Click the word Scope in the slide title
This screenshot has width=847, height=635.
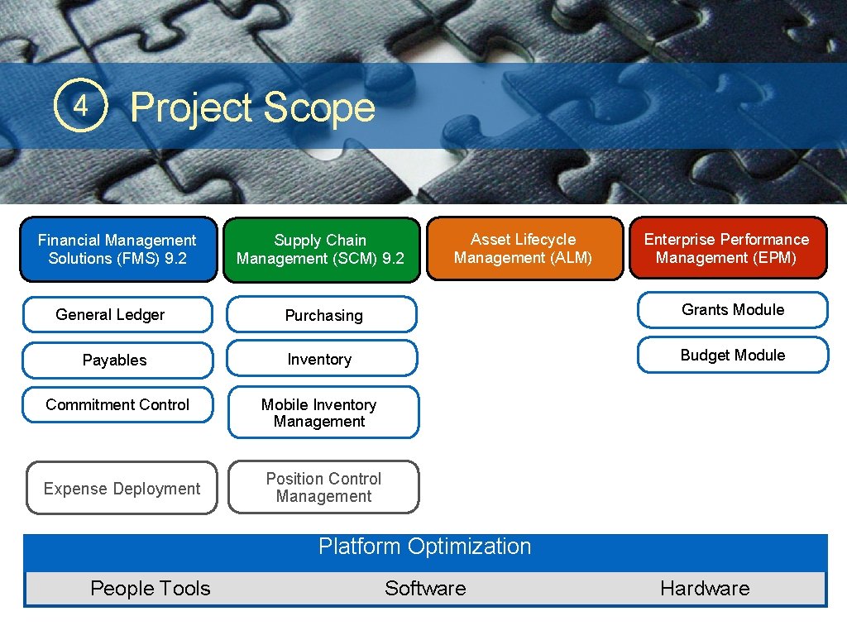pos(319,108)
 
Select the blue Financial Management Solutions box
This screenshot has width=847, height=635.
pos(117,250)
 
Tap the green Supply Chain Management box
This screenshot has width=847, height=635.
pos(321,250)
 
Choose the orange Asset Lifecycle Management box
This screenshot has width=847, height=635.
pos(524,249)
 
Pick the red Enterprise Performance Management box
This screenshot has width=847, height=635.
pos(727,248)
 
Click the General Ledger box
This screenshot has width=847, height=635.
pos(117,315)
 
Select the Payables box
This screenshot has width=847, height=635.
pos(117,360)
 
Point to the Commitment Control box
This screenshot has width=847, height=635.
pos(117,405)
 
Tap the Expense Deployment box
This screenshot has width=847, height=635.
pos(122,489)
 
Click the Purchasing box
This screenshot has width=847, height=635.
pos(323,315)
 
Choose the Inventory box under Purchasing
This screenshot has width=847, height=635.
pos(323,360)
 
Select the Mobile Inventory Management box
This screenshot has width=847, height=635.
pos(323,413)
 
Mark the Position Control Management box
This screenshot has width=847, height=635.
pos(323,488)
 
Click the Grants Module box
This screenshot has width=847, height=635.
pos(732,310)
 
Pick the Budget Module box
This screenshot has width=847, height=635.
pos(732,356)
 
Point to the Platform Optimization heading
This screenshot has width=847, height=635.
pos(425,547)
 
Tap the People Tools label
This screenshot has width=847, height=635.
pos(151,589)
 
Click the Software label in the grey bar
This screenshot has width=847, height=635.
pos(425,589)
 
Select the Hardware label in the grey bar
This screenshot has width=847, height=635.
pos(705,589)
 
